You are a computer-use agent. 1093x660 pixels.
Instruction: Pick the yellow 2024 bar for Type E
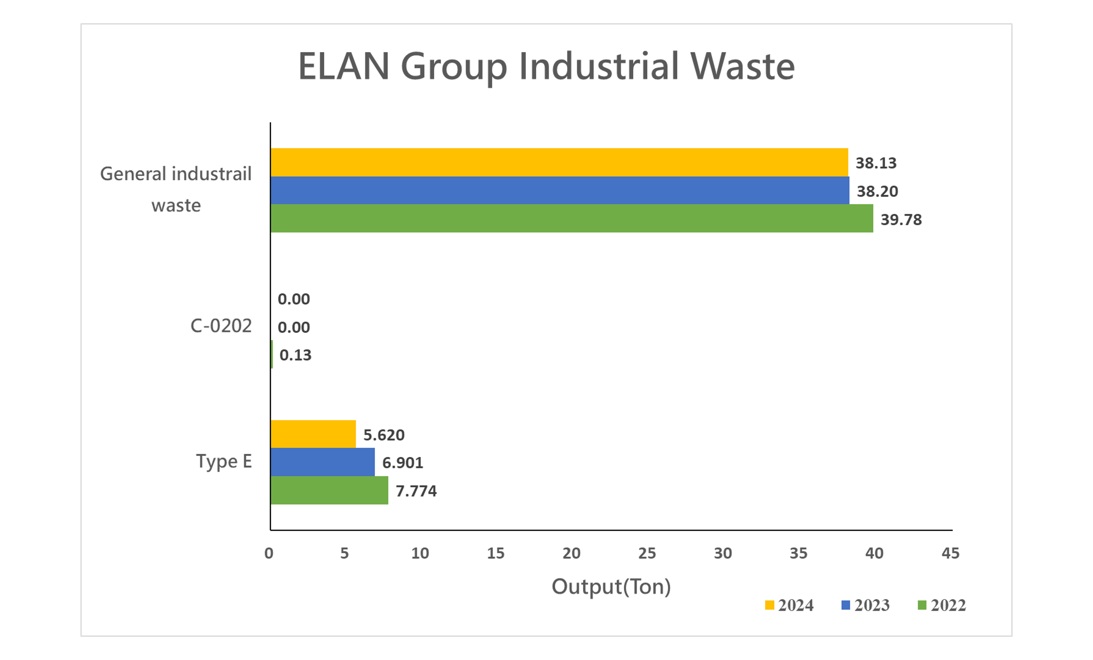[313, 434]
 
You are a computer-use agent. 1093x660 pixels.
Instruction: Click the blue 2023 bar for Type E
[323, 462]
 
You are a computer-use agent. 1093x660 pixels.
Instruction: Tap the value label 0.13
[295, 355]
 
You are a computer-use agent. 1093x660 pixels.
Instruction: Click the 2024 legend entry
[790, 605]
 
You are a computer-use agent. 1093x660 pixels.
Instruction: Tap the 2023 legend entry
[866, 605]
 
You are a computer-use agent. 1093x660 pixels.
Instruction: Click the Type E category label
[224, 462]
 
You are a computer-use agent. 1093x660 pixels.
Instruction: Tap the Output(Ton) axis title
[611, 587]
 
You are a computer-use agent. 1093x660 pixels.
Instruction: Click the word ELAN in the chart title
[344, 67]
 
